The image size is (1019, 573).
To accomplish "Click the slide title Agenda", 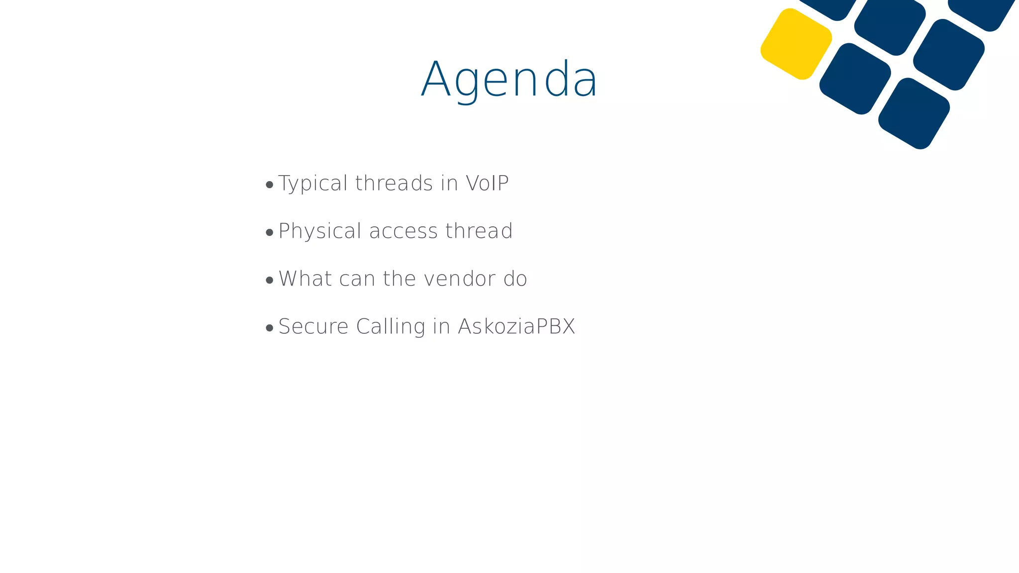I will click(509, 80).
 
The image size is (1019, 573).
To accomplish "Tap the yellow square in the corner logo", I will click(796, 44).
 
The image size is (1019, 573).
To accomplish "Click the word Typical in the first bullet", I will click(312, 184).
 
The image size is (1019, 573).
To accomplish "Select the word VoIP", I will click(487, 183).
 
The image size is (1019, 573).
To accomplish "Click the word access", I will click(403, 231).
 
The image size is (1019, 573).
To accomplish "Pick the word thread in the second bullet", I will click(479, 231).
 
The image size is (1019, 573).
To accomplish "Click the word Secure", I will click(313, 326).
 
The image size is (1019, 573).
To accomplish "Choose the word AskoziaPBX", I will click(516, 326).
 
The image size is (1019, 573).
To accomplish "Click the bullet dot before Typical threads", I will click(270, 185).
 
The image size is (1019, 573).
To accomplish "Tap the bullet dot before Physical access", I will click(270, 232).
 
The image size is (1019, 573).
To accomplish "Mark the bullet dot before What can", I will click(270, 280).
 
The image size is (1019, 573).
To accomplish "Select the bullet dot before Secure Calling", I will click(270, 328).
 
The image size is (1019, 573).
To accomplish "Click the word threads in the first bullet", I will click(394, 183).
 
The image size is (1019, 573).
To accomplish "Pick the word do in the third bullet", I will click(515, 279).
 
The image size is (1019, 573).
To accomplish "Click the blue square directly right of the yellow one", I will click(855, 79).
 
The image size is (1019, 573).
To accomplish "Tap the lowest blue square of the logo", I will click(914, 113).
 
